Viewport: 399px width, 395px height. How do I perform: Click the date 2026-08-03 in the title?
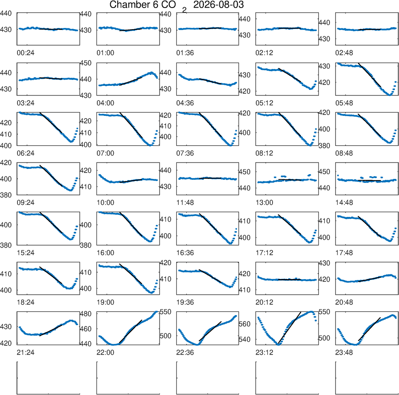point(218,4)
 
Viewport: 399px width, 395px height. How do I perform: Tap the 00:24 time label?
point(26,53)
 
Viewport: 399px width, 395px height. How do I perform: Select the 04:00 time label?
point(105,103)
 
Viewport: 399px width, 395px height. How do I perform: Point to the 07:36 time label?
point(185,153)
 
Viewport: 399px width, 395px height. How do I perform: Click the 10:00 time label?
point(105,203)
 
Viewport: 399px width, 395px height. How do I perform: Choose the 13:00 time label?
point(265,203)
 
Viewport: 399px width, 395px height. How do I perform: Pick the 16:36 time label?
point(185,253)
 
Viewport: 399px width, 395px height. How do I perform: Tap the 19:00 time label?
point(105,302)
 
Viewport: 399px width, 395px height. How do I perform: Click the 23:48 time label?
point(344,353)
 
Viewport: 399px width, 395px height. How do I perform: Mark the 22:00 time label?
point(105,353)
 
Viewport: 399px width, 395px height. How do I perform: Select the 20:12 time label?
point(265,302)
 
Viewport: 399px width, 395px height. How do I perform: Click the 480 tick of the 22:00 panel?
point(85,314)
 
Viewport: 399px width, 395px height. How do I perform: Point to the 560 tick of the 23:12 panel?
point(245,324)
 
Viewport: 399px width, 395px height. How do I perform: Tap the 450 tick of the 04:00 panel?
point(85,63)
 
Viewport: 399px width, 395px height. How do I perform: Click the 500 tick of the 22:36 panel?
point(165,335)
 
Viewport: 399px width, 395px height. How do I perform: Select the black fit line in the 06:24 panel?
point(51,122)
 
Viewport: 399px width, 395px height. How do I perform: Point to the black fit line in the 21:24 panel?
point(51,330)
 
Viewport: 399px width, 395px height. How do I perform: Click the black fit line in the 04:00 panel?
point(130,81)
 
